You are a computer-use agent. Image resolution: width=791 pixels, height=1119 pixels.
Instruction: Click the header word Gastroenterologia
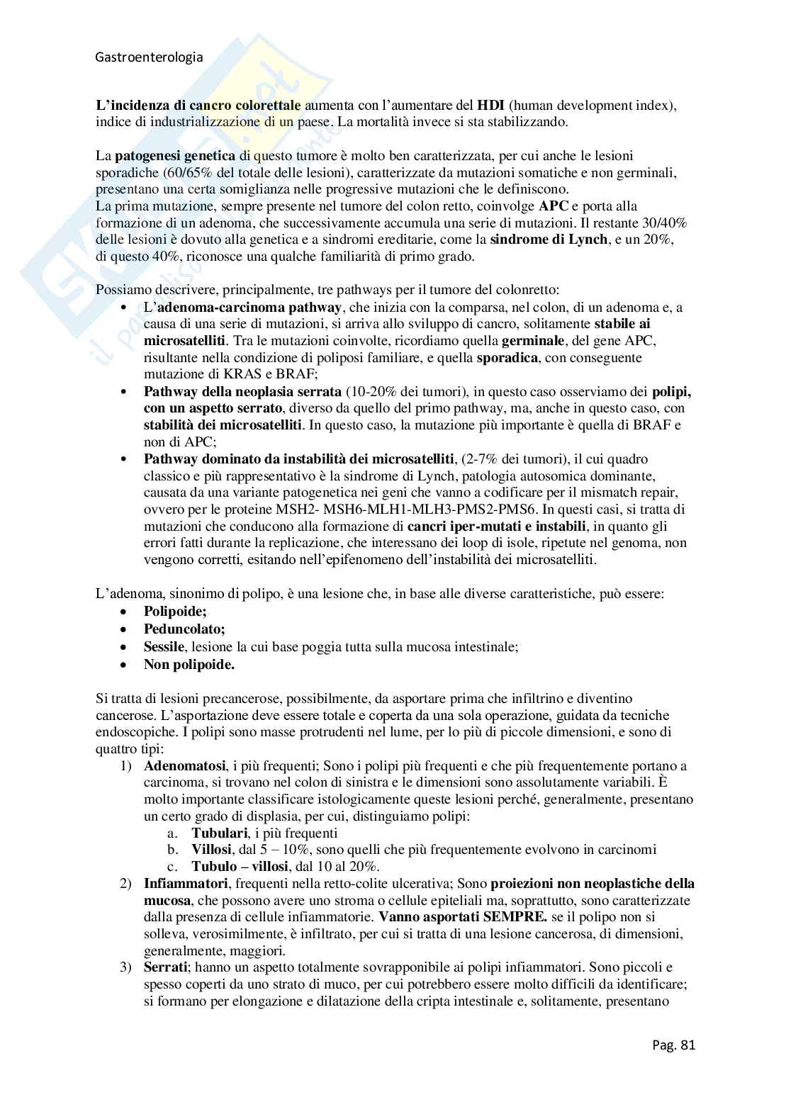(x=149, y=58)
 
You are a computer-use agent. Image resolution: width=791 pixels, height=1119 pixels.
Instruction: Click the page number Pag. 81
(x=673, y=1044)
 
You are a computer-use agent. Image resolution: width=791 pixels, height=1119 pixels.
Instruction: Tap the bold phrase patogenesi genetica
(x=165, y=156)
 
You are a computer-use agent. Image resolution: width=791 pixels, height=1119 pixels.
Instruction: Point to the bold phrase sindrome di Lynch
(x=549, y=240)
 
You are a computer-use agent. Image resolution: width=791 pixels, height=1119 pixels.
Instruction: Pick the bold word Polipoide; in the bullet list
(x=175, y=612)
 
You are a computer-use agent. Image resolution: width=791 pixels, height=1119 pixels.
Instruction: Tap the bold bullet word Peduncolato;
(x=184, y=629)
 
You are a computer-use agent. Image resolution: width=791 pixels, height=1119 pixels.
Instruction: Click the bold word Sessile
(x=164, y=647)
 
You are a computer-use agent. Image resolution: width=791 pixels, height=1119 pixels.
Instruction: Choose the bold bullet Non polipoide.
(x=189, y=665)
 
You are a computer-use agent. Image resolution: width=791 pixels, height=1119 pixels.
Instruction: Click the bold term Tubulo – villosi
(x=240, y=867)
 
